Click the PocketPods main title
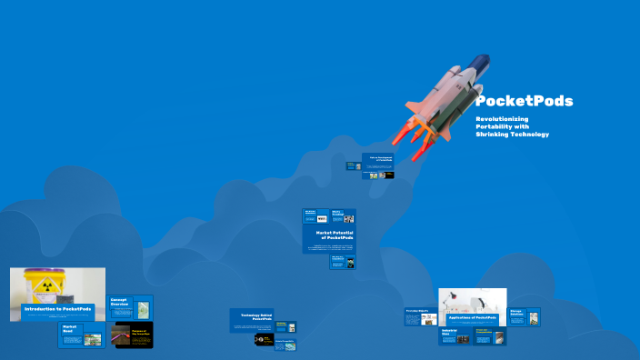tap(524, 101)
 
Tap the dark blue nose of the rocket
tap(482, 63)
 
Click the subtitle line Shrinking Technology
tap(512, 135)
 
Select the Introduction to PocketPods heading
tap(57, 309)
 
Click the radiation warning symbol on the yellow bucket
tap(40, 283)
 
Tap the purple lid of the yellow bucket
tap(42, 271)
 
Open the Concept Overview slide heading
tap(121, 301)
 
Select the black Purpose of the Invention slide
tap(132, 335)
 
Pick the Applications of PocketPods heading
tap(473, 317)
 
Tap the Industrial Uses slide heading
tap(448, 332)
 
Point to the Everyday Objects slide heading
tap(416, 311)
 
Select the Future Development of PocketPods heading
tap(379, 158)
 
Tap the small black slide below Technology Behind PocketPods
tap(264, 340)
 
